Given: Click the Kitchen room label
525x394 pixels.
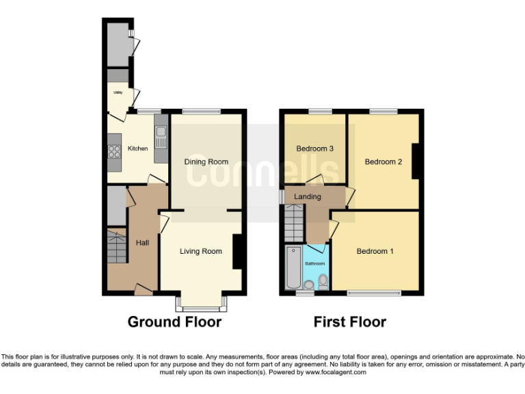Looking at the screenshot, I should click(x=137, y=148).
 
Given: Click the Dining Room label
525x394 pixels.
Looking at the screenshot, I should click(x=206, y=162).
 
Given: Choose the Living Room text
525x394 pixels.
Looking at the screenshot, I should click(x=200, y=252).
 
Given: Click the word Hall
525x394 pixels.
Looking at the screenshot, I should click(x=142, y=243).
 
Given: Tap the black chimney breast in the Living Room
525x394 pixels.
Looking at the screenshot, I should click(x=237, y=252).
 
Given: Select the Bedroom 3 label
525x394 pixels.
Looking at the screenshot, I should click(x=314, y=148).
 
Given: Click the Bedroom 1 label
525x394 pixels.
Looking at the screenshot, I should click(x=375, y=252).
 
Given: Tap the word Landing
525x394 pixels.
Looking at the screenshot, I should click(x=307, y=197).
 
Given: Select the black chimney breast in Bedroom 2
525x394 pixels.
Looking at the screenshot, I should click(x=414, y=161).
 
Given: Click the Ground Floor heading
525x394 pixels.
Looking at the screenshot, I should click(x=174, y=322).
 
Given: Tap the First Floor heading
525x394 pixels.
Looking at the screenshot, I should click(x=349, y=322).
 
